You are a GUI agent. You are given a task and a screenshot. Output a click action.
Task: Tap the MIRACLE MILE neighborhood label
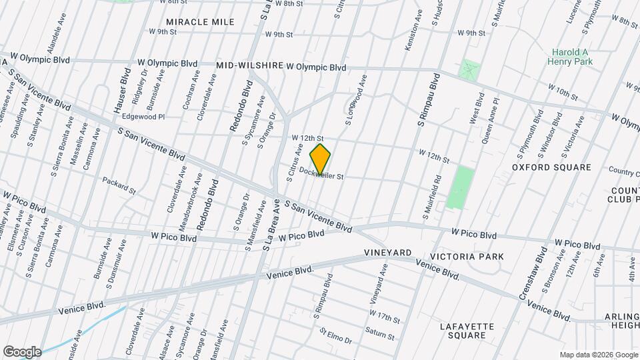pos(200,22)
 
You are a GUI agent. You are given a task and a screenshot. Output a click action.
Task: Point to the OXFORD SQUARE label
pos(552,167)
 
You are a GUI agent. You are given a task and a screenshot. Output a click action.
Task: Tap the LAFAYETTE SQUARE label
pos(467,331)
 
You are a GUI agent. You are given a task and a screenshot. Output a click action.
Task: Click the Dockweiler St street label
pos(321,175)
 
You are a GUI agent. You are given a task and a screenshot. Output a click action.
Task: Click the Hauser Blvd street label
pos(120,89)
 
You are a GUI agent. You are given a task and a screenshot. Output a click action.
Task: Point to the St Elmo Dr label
pos(335,335)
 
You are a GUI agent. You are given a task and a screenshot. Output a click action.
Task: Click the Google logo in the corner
pos(22,352)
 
